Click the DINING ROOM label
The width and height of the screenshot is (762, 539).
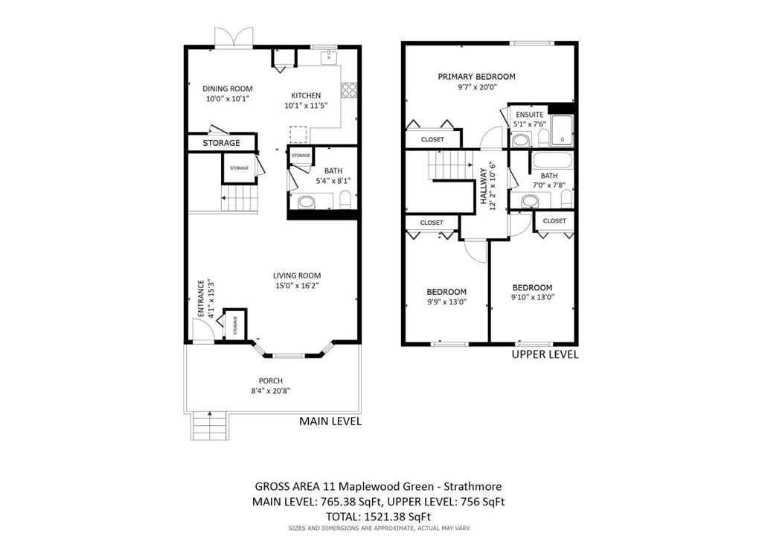point(228,89)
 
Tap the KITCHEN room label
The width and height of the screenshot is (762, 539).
point(306,95)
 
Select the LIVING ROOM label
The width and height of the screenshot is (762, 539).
point(297,275)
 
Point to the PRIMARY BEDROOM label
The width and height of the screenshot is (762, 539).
point(476,77)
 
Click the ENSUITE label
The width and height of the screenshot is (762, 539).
point(529,115)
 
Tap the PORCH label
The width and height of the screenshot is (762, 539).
point(271,380)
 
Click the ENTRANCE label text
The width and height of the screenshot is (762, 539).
point(200,299)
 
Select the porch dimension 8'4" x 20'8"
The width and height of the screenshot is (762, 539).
point(271,391)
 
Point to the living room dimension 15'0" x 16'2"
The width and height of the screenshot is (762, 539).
point(297,285)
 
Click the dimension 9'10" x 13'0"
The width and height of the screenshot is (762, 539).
point(532,297)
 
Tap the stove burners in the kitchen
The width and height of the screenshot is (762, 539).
point(349,90)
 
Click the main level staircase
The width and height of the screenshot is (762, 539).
point(240,199)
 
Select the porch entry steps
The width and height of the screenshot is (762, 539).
point(209,427)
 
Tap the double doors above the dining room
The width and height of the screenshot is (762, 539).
point(230,38)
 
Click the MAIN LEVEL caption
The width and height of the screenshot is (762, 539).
point(330,421)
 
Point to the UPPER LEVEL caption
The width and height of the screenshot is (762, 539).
point(545,355)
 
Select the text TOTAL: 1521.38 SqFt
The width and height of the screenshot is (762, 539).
point(380,516)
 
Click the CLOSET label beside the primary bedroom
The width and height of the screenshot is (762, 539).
point(432,139)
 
